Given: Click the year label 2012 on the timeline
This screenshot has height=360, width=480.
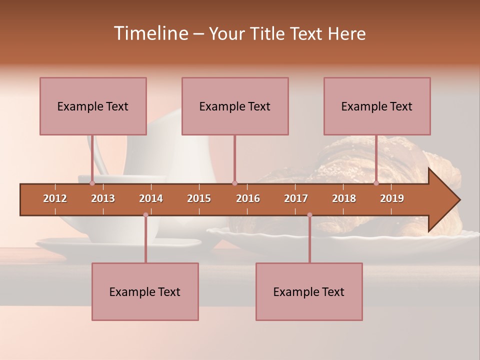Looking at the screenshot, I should click(55, 198).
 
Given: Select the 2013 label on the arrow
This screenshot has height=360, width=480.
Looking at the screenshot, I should click(103, 198).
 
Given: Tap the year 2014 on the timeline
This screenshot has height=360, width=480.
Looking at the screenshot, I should click(151, 198).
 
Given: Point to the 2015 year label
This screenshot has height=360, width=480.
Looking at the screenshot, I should click(199, 198).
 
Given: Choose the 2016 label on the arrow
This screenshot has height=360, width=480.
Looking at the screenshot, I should click(248, 198).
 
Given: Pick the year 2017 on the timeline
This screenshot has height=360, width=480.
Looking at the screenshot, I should click(296, 198).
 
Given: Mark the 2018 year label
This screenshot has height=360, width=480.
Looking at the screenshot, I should click(344, 198).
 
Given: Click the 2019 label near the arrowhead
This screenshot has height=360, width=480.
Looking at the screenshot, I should click(392, 198).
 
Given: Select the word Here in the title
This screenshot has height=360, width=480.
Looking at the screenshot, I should click(346, 33).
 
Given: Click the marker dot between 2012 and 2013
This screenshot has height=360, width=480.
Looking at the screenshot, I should click(92, 183).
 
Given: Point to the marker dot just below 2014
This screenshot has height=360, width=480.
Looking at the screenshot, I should click(145, 215).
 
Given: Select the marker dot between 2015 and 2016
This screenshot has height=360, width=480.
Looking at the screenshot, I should click(234, 183).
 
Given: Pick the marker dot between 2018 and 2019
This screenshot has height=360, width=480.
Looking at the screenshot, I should click(376, 183).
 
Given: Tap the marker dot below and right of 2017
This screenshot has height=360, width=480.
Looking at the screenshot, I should click(309, 215).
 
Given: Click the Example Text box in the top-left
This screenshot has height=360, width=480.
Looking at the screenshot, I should click(93, 106).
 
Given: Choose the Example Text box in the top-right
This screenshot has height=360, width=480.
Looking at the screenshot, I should click(377, 106).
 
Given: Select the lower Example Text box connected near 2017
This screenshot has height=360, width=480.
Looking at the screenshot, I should click(309, 291).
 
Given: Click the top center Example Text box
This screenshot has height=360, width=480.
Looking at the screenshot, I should click(235, 106).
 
